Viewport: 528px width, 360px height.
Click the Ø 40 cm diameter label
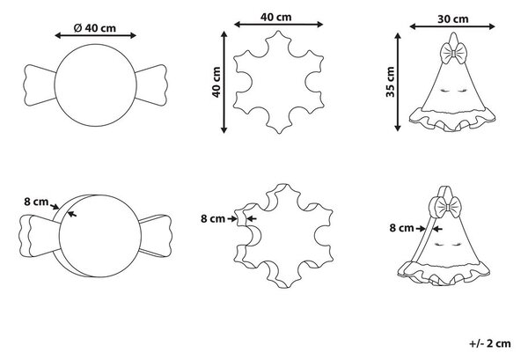coord(95,28)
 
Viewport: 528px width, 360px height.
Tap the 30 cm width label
coord(453,19)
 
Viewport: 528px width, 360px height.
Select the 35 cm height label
coord(390,82)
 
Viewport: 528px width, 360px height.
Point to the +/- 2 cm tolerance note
coord(490,343)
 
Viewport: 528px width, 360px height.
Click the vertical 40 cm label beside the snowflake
coord(216,82)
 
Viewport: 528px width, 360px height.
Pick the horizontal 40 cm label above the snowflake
coord(275,17)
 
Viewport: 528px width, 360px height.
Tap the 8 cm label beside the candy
coord(36,202)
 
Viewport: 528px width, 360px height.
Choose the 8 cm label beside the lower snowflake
coord(213,218)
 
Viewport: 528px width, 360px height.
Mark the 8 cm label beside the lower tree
coord(402,228)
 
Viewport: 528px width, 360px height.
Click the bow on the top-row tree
coord(453,53)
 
